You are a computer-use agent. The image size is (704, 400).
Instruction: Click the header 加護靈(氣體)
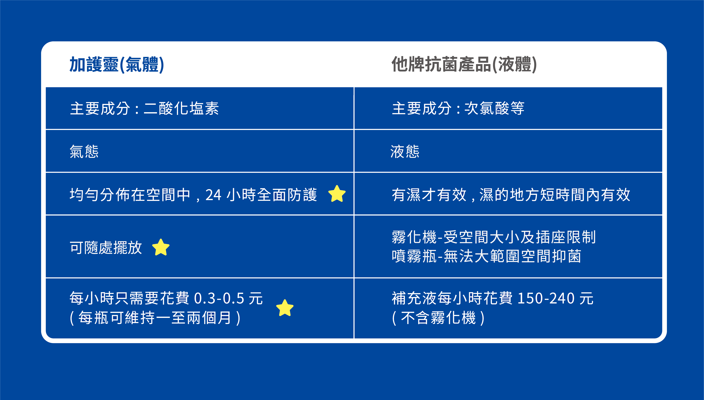coord(117,65)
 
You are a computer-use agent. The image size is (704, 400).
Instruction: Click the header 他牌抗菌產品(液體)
coord(464,65)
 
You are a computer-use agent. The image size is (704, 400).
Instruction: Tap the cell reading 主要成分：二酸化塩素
coord(144,108)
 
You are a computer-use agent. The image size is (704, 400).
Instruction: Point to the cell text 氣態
coord(84,151)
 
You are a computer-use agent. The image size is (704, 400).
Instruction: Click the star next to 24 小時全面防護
coord(337,194)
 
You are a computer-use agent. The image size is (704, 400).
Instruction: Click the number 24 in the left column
coord(213,195)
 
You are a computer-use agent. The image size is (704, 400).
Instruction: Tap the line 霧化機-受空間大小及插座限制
coord(494,237)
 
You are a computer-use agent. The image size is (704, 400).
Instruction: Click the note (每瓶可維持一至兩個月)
coord(155,318)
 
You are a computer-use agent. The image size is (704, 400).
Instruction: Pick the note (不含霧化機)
coord(438,318)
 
